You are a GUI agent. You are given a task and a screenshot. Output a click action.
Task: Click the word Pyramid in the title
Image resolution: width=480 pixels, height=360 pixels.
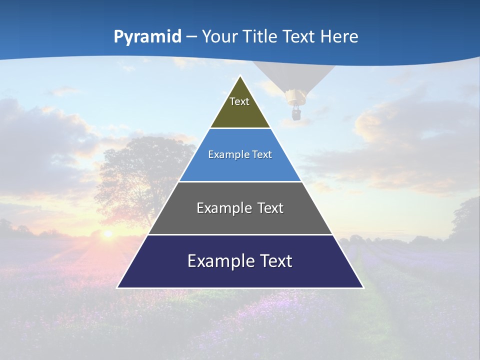coord(147,37)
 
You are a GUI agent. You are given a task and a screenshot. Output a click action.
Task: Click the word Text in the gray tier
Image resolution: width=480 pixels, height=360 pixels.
coord(269,208)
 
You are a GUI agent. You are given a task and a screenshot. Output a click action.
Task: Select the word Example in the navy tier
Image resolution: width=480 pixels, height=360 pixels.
coord(220,261)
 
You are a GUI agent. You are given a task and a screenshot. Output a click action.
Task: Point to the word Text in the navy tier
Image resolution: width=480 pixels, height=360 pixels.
coord(275,261)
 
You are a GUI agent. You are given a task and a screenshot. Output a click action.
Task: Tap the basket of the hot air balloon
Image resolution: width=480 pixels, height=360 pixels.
coord(296,114)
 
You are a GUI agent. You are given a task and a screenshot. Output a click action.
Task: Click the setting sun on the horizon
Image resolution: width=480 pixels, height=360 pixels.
coord(107,233)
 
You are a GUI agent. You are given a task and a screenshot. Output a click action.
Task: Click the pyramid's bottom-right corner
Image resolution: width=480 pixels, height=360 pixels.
coord(363,287)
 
